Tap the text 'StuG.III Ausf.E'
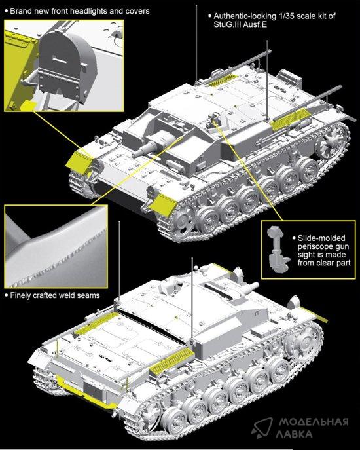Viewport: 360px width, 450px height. pyautogui.click(x=240, y=24)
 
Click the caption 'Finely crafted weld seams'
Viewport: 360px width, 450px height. pyautogui.click(x=55, y=295)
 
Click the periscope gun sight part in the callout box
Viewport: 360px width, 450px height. pyautogui.click(x=276, y=248)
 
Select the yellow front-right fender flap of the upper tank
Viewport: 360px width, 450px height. pyautogui.click(x=163, y=204)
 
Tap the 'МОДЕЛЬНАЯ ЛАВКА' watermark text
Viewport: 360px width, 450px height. pyautogui.click(x=314, y=427)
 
